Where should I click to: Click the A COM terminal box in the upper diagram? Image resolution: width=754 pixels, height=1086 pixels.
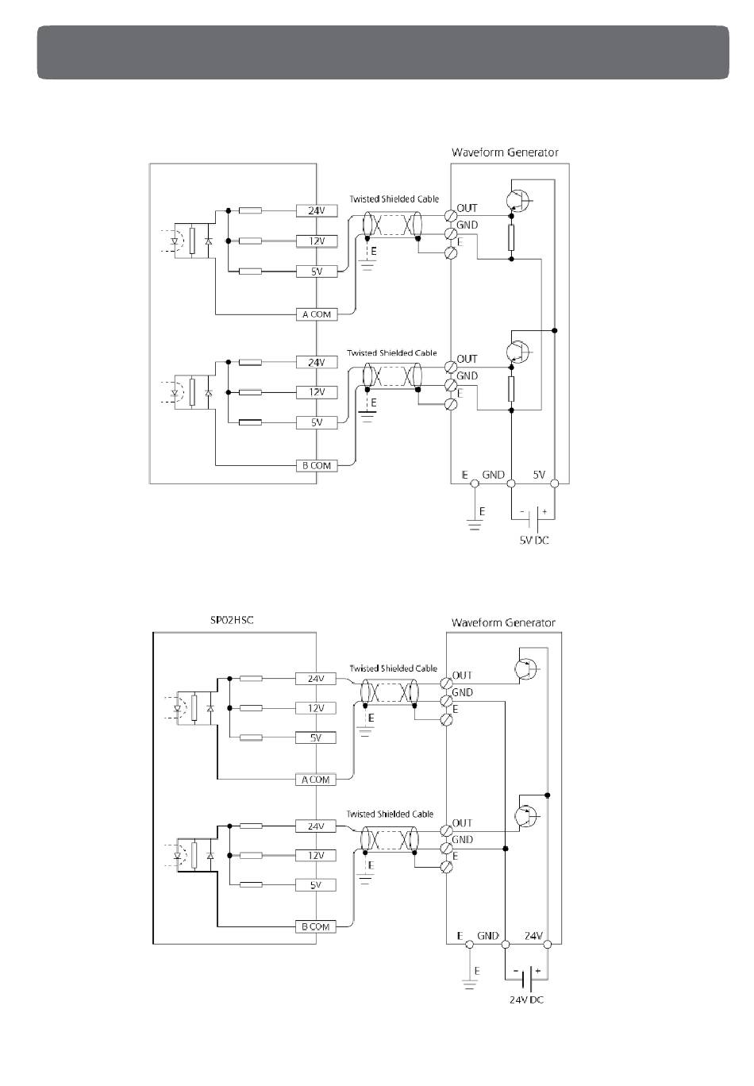pyautogui.click(x=316, y=314)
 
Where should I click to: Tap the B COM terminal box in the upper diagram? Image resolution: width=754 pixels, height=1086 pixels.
pyautogui.click(x=316, y=465)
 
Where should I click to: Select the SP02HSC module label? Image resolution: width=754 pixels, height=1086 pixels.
pyautogui.click(x=232, y=619)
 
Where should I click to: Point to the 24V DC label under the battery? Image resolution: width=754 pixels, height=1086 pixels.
pyautogui.click(x=526, y=999)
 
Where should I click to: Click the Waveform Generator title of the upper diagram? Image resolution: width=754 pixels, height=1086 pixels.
pyautogui.click(x=505, y=152)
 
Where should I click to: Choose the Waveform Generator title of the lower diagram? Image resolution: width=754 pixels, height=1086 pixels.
pyautogui.click(x=503, y=622)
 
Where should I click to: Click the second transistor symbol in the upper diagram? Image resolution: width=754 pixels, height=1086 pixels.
pyautogui.click(x=521, y=351)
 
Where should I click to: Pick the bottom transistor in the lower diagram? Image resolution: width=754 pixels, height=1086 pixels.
pyautogui.click(x=525, y=815)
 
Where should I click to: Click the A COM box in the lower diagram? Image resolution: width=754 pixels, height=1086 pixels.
pyautogui.click(x=315, y=780)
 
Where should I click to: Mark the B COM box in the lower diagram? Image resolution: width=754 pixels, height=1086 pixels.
pyautogui.click(x=315, y=926)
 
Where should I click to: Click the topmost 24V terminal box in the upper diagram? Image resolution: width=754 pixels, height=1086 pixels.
pyautogui.click(x=316, y=211)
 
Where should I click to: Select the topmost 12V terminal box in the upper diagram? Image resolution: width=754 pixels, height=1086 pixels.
pyautogui.click(x=316, y=241)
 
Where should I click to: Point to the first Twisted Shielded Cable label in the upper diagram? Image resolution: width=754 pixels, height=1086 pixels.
pyautogui.click(x=394, y=198)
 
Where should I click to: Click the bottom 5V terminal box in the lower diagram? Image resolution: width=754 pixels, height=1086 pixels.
pyautogui.click(x=315, y=884)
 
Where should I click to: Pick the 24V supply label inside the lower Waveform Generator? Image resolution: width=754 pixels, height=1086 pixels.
pyautogui.click(x=533, y=936)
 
